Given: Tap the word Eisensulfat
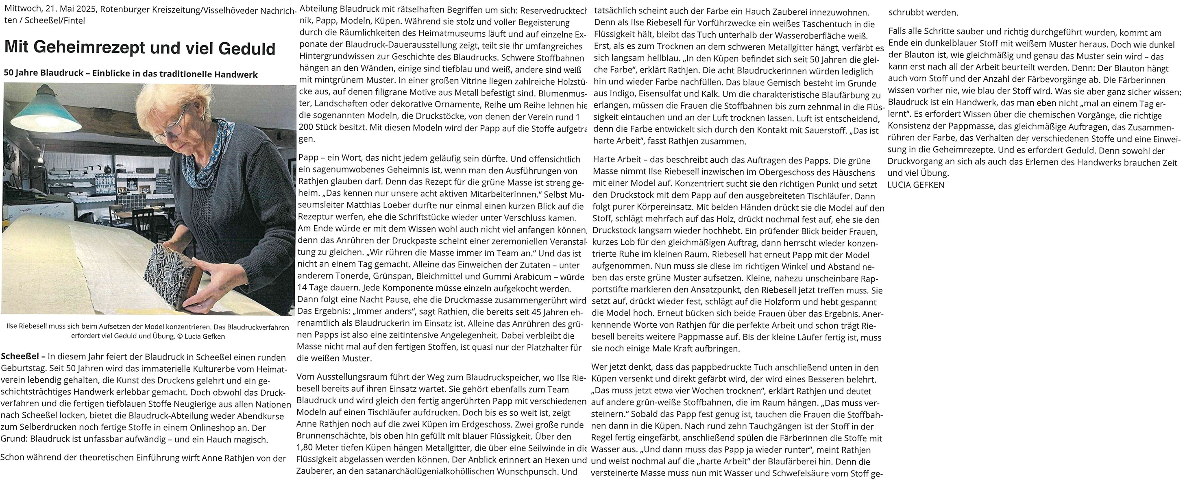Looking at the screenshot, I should tap(663, 96).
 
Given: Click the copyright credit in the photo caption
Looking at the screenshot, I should tap(201, 336).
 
